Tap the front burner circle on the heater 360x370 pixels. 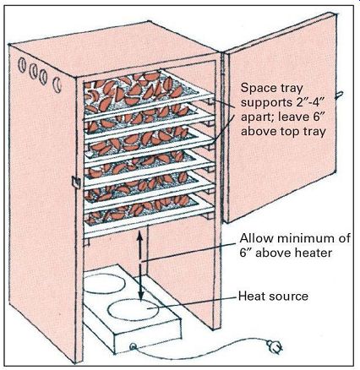(133, 309)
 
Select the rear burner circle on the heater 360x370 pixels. (104, 283)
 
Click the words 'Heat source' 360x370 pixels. (273, 297)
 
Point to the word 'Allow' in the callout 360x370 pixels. (256, 238)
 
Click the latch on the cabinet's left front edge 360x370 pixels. (76, 182)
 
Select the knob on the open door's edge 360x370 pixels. (339, 95)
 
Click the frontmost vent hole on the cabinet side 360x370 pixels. (57, 84)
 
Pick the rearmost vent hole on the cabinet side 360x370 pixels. (22, 65)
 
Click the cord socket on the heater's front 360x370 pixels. (133, 346)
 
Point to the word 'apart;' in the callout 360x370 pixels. (258, 117)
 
